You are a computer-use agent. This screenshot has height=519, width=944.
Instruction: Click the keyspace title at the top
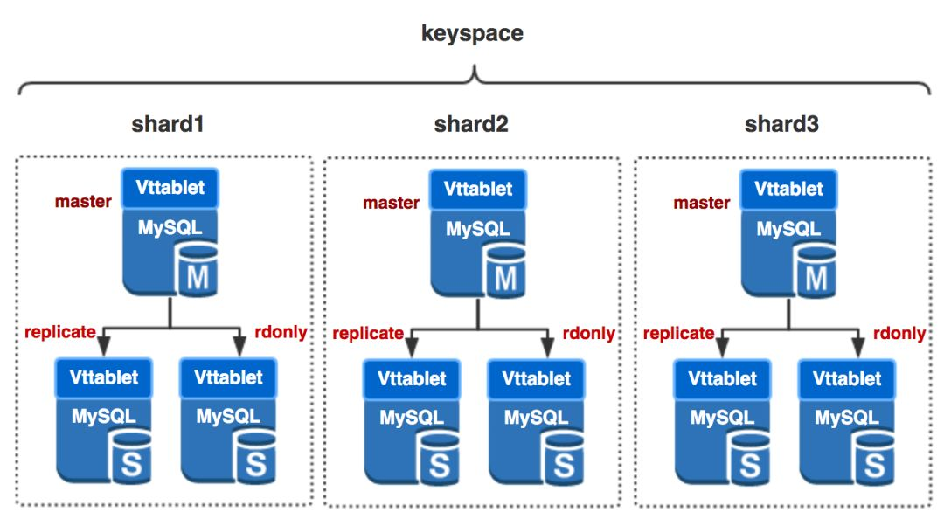coord(472,34)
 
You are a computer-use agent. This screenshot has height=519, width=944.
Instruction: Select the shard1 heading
coord(168,124)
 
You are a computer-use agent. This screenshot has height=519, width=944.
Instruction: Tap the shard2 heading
coord(471,124)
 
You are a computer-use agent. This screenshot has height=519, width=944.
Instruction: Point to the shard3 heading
coord(781,124)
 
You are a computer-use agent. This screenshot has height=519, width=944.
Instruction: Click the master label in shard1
coord(83,201)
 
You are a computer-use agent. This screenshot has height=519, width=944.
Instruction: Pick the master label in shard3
coord(702,203)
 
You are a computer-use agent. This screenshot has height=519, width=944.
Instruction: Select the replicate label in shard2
coord(368,333)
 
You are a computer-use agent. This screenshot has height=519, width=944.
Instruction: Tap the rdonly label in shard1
coord(281,332)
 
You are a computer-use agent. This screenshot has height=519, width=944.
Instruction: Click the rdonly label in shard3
coord(899,333)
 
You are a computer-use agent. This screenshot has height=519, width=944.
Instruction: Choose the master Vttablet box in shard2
coord(478,189)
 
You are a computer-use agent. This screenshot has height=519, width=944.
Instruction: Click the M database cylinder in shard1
coord(197,270)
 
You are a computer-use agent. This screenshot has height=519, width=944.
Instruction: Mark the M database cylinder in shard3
coord(816,272)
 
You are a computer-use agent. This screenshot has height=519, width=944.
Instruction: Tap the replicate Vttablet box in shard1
coord(103,378)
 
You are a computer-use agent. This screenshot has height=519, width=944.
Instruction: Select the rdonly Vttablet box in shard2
coord(537,379)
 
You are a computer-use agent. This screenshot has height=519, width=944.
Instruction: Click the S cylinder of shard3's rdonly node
coord(873,459)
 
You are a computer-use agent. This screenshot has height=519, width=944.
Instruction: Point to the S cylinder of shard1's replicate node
coord(130,458)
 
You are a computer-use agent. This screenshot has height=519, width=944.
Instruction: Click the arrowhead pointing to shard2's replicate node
coord(412,348)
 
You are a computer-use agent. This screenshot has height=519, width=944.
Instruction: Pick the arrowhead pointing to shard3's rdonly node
coord(858,348)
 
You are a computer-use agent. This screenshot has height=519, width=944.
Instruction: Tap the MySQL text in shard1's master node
coord(170,227)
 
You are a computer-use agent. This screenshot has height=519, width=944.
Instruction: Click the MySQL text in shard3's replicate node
coord(722,418)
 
